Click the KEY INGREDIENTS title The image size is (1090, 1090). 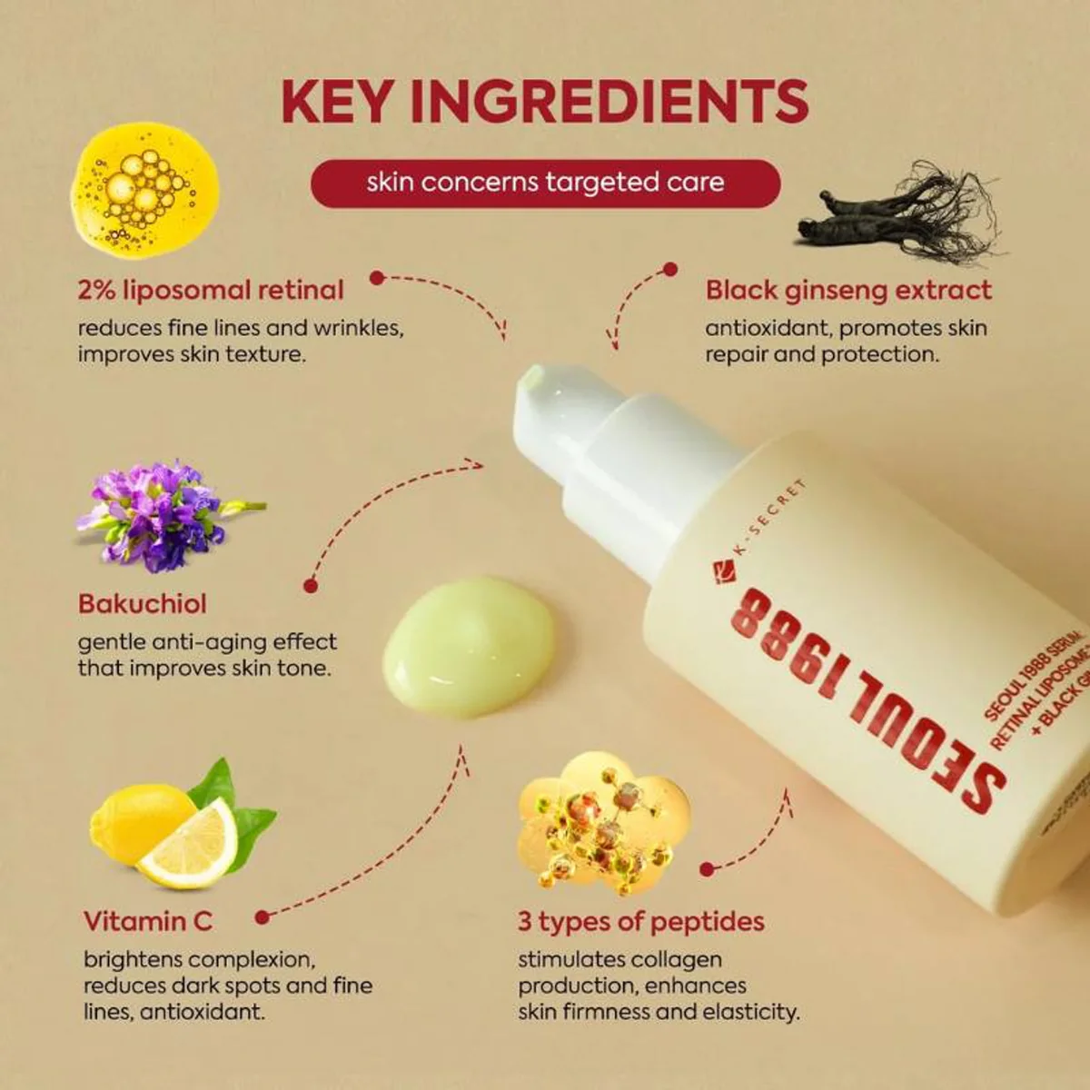(x=545, y=102)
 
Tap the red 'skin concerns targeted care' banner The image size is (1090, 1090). (x=545, y=183)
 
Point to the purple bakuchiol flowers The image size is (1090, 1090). (x=159, y=515)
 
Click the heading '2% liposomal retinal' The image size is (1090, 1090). (x=211, y=291)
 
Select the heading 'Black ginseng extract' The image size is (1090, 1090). (x=848, y=291)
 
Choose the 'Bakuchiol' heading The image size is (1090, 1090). (x=143, y=604)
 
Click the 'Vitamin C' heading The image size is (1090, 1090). (x=148, y=921)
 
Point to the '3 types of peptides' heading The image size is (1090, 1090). (x=641, y=921)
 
